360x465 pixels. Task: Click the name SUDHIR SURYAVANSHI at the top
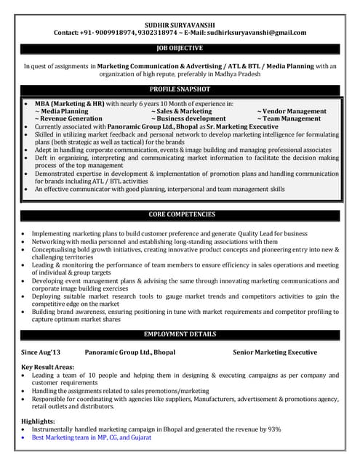[x=180, y=23]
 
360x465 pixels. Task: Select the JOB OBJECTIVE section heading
[x=180, y=49]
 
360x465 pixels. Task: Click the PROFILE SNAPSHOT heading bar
[x=180, y=89]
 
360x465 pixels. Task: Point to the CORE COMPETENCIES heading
[x=180, y=215]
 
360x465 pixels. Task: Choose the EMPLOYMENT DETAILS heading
[x=180, y=334]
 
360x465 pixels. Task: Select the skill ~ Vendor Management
[x=292, y=111]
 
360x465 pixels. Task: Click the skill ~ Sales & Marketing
[x=182, y=111]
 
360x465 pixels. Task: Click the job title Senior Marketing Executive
[x=275, y=352]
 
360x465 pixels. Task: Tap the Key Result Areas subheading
[x=48, y=368]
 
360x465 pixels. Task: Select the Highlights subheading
[x=38, y=421]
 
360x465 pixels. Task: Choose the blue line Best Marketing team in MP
[x=92, y=437]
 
